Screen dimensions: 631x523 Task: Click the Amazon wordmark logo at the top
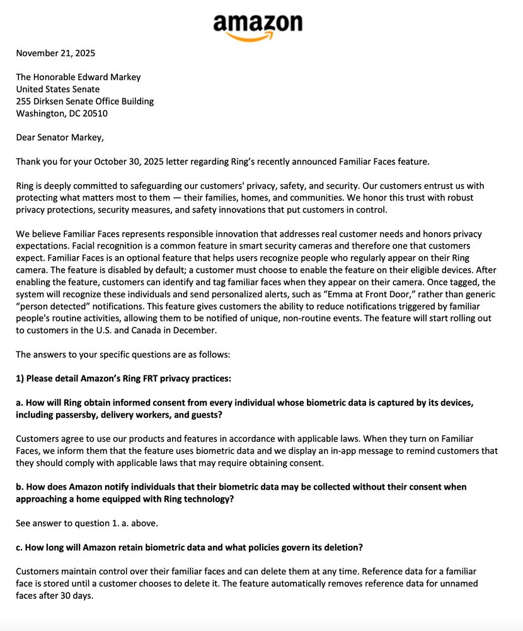257,23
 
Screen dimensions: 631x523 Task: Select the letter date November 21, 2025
55,53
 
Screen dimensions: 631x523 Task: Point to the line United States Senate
57,89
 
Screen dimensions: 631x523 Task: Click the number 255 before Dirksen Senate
24,101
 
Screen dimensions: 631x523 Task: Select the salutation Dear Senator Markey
60,138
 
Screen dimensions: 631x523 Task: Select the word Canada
168,331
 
